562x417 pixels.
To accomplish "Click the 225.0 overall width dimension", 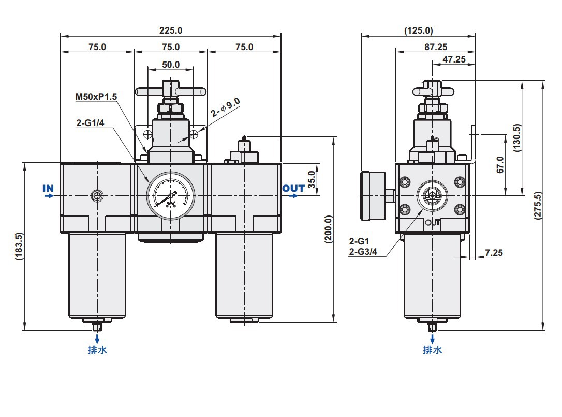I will (x=171, y=30).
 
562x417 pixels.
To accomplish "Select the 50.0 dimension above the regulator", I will (x=171, y=65).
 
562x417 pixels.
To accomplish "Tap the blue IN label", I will (x=48, y=189).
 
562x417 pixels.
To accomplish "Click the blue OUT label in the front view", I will (x=293, y=189).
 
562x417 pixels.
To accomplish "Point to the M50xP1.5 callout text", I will (x=97, y=97).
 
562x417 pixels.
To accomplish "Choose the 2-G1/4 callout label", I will (x=91, y=123).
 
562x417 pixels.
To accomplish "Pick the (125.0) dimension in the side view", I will (x=418, y=30).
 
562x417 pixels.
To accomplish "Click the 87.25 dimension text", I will (x=436, y=47).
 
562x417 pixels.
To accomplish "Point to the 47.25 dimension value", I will (x=454, y=59).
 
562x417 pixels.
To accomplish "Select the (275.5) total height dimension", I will (x=538, y=206).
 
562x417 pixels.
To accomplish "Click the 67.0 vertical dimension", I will (x=500, y=165).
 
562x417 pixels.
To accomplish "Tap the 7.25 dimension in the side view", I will (x=494, y=253).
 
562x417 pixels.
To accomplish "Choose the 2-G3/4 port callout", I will (x=365, y=252).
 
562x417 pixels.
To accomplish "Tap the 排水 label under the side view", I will (x=433, y=350).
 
